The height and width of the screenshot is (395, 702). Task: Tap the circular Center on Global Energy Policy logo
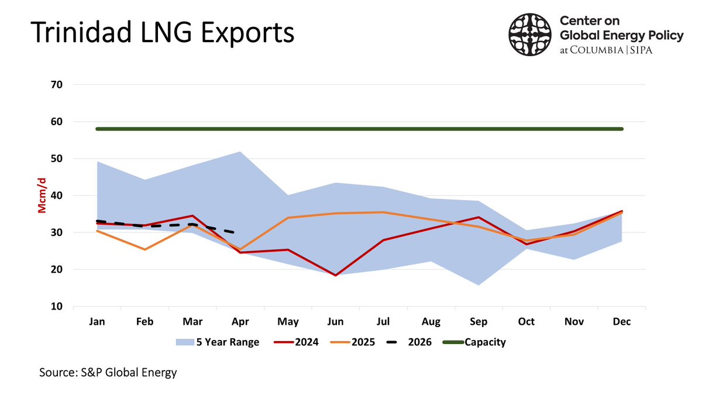(530, 35)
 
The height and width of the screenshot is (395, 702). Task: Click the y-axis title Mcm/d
(42, 196)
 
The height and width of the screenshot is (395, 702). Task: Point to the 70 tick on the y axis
(57, 85)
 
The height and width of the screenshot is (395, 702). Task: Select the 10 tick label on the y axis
(57, 307)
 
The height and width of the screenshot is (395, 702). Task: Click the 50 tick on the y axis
(57, 159)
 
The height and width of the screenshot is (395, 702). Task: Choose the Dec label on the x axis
(621, 322)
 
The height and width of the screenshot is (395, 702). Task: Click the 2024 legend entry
(295, 342)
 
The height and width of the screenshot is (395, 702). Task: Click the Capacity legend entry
(474, 342)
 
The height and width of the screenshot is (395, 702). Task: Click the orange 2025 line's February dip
(144, 249)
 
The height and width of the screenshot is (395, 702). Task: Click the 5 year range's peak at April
(240, 152)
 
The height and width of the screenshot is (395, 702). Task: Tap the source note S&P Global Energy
(108, 372)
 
